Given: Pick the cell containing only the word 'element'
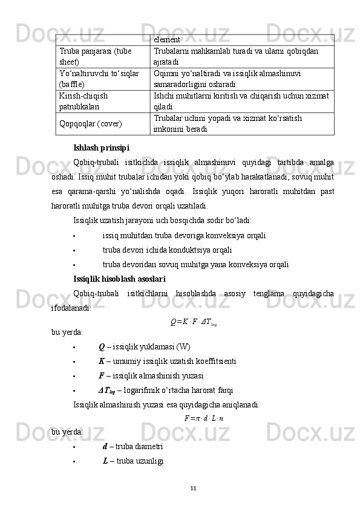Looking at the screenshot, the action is [167, 40].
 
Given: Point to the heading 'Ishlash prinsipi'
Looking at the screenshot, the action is [100, 147].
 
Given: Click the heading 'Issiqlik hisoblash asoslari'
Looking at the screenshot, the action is [119, 279].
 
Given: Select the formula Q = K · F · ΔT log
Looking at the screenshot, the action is [193, 320].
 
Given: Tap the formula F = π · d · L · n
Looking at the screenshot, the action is [203, 417].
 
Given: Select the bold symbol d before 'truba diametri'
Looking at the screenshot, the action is [105, 446].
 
